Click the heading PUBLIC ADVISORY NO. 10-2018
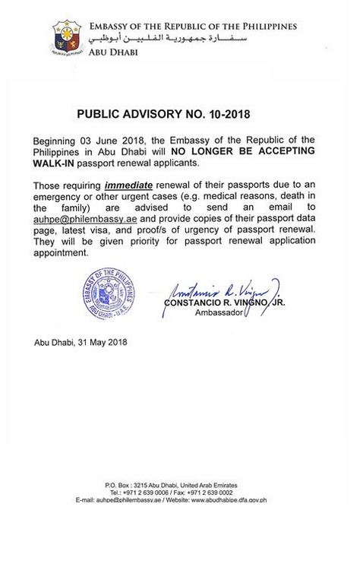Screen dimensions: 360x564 click(x=164, y=116)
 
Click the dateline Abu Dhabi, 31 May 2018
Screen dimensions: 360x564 click(x=81, y=342)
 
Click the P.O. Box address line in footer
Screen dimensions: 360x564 click(x=171, y=485)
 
